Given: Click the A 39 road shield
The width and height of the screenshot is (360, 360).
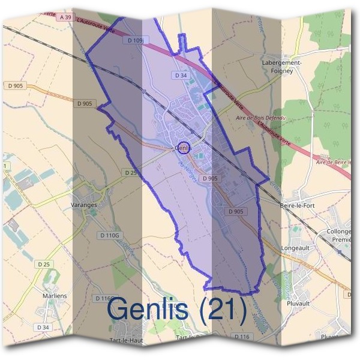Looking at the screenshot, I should click(65, 17).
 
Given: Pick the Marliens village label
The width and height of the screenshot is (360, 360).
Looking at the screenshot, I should click(55, 296).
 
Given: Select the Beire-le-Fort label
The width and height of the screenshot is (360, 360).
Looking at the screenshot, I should click(298, 205).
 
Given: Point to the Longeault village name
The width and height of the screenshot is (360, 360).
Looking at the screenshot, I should click(296, 247).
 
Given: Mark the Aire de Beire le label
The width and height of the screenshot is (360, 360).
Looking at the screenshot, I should click(333, 162).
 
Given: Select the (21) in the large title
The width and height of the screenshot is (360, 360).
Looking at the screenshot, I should click(223, 309).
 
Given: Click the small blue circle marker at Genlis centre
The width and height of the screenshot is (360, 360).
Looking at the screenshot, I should click(185, 146).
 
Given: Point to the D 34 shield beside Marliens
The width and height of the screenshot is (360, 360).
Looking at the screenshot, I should click(43, 327).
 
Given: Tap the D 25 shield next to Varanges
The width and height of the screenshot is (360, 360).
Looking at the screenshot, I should click(130, 172).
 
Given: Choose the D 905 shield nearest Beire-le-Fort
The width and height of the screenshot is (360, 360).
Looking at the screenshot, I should click(236, 212).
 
